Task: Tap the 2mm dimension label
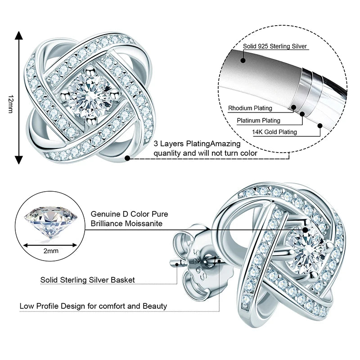50,251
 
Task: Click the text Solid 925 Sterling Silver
275,46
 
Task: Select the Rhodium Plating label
250,108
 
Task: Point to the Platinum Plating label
258,120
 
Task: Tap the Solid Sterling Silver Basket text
88,280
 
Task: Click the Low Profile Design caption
93,306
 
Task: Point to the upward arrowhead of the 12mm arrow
18,36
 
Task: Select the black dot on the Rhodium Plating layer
294,107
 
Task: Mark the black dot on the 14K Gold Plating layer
320,126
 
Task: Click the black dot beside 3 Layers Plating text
128,158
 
